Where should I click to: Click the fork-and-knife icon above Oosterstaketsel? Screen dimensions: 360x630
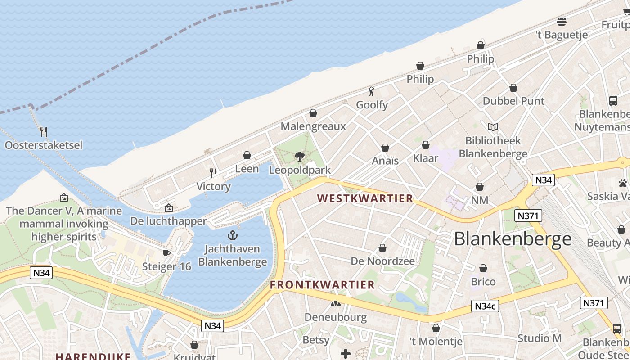[x=44, y=132]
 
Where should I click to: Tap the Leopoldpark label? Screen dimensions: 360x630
[x=300, y=170]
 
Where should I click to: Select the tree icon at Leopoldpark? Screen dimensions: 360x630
[x=299, y=157]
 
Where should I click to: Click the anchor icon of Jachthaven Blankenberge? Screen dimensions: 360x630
[x=232, y=235]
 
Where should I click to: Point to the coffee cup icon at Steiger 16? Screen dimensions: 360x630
[x=166, y=253]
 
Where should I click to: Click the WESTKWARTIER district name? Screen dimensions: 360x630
[x=365, y=198]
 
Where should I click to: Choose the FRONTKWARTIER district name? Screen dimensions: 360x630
[x=322, y=285]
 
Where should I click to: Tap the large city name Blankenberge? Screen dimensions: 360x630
[x=513, y=239]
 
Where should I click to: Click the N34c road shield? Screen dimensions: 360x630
[x=486, y=306]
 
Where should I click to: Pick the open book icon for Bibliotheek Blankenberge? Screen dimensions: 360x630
[x=493, y=127]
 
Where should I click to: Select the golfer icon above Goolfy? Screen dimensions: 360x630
[x=371, y=92]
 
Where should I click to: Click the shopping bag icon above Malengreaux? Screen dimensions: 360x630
[x=313, y=113]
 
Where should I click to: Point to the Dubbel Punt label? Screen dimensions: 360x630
[x=513, y=101]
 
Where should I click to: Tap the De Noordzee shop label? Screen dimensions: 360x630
[x=382, y=261]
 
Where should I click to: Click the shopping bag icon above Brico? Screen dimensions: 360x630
[x=483, y=269]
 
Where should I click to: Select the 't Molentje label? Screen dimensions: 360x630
[x=436, y=342]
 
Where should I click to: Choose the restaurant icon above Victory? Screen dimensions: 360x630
[x=214, y=173]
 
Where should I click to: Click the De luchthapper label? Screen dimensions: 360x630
[x=168, y=221]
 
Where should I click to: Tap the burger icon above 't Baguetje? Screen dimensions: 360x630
[x=561, y=21]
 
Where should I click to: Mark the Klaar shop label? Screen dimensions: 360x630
[x=425, y=158]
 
